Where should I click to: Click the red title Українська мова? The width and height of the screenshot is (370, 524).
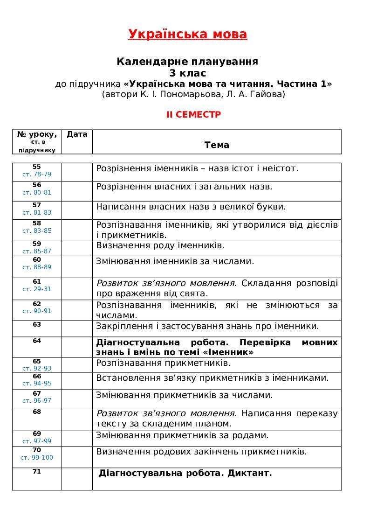click(x=187, y=35)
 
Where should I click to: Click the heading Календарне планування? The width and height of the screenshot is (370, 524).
click(x=187, y=62)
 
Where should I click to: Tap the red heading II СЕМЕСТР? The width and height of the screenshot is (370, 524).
click(x=194, y=115)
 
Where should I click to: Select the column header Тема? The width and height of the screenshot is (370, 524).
click(x=217, y=145)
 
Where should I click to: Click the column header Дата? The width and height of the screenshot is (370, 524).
click(x=77, y=134)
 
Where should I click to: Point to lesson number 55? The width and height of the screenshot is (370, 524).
click(x=37, y=167)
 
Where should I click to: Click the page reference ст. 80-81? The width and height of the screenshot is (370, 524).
click(x=37, y=192)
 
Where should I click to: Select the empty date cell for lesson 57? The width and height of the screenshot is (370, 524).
click(x=77, y=210)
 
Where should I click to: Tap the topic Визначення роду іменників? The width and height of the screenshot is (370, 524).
click(x=160, y=245)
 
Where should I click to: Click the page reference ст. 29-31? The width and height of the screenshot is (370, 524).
click(x=37, y=289)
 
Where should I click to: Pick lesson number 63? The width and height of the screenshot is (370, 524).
click(x=37, y=324)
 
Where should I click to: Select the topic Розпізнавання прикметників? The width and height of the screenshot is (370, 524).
click(x=163, y=363)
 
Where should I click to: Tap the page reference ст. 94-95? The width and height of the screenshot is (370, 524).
click(x=37, y=384)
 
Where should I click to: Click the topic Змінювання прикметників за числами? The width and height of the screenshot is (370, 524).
click(x=185, y=395)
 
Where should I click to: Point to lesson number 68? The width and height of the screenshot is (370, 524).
click(x=37, y=412)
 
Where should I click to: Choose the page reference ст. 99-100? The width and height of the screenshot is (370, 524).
click(x=37, y=457)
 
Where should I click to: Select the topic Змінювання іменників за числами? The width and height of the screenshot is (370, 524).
click(x=175, y=261)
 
